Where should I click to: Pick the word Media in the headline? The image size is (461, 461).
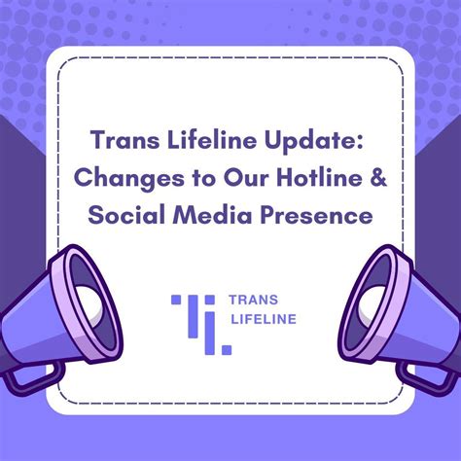[x=206, y=216]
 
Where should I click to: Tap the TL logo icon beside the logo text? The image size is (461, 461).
[x=202, y=322]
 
